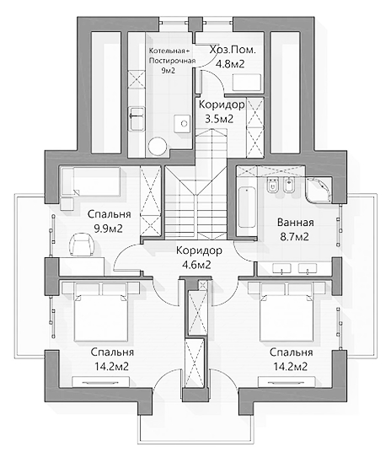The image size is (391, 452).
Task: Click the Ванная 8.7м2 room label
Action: click(x=295, y=229)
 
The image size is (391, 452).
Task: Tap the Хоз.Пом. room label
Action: click(x=233, y=50)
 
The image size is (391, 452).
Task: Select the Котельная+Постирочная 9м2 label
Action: click(x=172, y=61)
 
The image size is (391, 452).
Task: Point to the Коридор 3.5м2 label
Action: click(x=222, y=111)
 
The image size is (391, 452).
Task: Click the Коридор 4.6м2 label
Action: click(x=199, y=257)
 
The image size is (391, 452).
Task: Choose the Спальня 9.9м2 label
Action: click(x=109, y=222)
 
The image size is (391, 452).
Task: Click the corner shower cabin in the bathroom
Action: click(x=319, y=190)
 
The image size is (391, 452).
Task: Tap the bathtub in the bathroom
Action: click(x=247, y=207)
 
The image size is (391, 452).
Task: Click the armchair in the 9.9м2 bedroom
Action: click(x=82, y=245)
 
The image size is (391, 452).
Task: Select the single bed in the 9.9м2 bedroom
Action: click(x=91, y=182)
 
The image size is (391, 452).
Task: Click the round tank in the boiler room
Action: click(x=158, y=147)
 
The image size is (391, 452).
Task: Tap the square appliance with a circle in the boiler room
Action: click(x=182, y=124)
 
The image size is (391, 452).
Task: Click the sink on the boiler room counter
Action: click(x=137, y=118)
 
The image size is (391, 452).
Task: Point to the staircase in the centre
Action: click(x=196, y=187)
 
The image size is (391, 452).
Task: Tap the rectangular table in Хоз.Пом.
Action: click(x=247, y=83)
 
